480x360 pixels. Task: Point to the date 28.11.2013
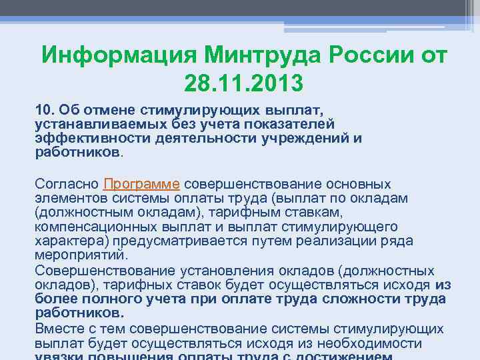pos(241,83)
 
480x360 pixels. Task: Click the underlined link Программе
pos(142,184)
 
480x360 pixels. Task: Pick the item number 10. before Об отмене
pos(45,108)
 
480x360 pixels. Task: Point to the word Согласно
pos(67,184)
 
